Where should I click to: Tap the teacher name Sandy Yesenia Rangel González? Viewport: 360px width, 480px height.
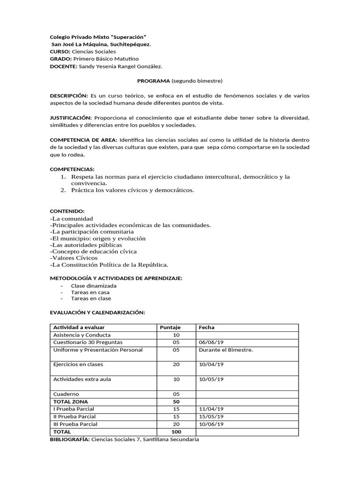pyautogui.click(x=120, y=67)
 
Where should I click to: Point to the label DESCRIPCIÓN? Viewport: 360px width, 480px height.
pyautogui.click(x=69, y=96)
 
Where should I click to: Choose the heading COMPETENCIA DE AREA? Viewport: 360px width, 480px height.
pyautogui.click(x=84, y=140)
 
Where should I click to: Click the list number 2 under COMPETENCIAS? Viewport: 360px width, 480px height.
pyautogui.click(x=63, y=190)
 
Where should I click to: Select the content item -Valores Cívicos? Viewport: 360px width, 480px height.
pyautogui.click(x=74, y=258)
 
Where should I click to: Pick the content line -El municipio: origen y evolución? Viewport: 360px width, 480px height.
pyautogui.click(x=97, y=238)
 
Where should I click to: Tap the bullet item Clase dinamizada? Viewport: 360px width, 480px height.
pyautogui.click(x=94, y=285)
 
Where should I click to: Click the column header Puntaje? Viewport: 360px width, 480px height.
pyautogui.click(x=170, y=327)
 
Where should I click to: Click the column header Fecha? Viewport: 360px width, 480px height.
pyautogui.click(x=207, y=327)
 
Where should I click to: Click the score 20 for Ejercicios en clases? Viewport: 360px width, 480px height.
pyautogui.click(x=176, y=364)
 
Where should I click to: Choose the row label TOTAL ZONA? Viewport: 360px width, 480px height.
pyautogui.click(x=71, y=402)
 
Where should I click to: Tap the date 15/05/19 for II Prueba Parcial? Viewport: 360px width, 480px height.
pyautogui.click(x=211, y=417)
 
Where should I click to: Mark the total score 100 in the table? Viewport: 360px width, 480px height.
pyautogui.click(x=176, y=432)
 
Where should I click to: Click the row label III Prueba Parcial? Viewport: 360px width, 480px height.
pyautogui.click(x=75, y=424)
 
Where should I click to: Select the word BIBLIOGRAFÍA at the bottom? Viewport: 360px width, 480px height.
pyautogui.click(x=69, y=439)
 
